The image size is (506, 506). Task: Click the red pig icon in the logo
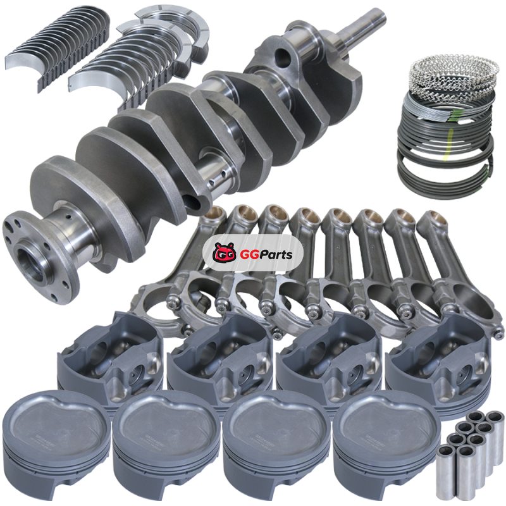(x=225, y=252)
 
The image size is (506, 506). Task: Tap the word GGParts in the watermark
(x=266, y=255)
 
